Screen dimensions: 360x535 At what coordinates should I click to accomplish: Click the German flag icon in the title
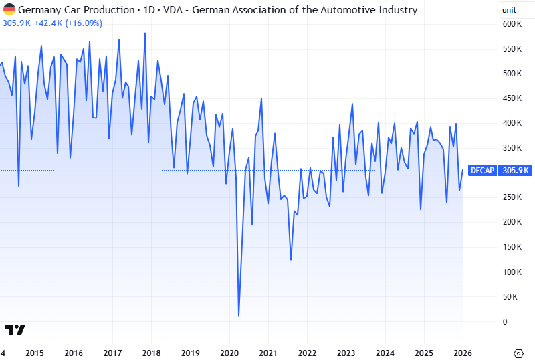(x=9, y=9)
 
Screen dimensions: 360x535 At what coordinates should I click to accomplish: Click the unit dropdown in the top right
(x=516, y=10)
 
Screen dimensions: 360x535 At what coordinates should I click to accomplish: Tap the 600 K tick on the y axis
(x=512, y=24)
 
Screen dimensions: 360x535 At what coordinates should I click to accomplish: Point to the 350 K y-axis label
(x=512, y=148)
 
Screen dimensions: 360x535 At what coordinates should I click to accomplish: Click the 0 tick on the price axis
(x=505, y=321)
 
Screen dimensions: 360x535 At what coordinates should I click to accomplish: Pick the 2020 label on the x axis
(x=229, y=353)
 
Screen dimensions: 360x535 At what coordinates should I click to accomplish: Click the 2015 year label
(x=35, y=353)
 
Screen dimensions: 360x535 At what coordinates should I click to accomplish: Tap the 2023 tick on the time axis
(x=346, y=353)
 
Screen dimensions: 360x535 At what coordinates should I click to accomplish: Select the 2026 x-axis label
(x=463, y=353)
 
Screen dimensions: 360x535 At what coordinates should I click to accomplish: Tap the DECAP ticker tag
(x=482, y=170)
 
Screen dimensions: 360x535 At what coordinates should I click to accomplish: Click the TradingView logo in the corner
(x=15, y=329)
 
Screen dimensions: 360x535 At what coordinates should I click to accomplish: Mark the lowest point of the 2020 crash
(x=239, y=315)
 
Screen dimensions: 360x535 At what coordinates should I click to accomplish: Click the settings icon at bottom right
(x=518, y=353)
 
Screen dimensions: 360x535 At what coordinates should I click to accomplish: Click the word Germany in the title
(x=39, y=9)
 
